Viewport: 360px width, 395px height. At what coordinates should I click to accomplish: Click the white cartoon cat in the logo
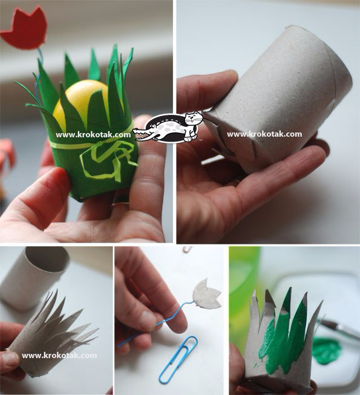pos(193,125)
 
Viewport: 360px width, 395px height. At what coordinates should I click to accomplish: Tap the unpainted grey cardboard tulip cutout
pos(206,294)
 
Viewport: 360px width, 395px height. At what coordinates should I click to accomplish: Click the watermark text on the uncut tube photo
pos(264,134)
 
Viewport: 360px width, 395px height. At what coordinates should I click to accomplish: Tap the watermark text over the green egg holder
pos(93,135)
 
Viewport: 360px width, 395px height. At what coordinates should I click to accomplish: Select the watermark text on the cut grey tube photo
pos(59,356)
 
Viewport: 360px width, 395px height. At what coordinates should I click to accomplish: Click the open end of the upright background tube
pos(47,260)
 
